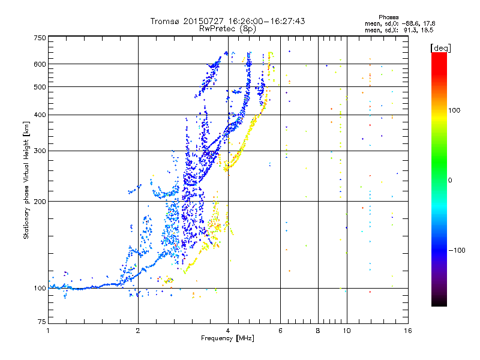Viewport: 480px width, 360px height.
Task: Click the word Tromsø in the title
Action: [x=165, y=21]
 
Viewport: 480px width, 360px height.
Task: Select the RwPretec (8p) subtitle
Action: [x=227, y=29]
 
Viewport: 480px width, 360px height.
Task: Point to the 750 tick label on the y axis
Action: [x=40, y=38]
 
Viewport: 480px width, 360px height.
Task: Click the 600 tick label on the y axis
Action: [x=40, y=64]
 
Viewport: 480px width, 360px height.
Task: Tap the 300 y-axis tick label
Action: [x=40, y=151]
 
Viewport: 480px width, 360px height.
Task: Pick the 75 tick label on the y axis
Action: [x=42, y=322]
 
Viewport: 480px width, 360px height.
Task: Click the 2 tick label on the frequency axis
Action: [x=138, y=331]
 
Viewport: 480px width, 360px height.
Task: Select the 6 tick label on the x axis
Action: [x=280, y=331]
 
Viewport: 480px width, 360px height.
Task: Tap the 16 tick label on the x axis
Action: [x=408, y=331]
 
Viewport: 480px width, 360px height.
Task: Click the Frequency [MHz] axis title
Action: [x=227, y=338]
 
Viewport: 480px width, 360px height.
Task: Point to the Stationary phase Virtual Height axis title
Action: [x=26, y=180]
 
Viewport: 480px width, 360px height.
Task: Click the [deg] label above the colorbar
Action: [x=440, y=48]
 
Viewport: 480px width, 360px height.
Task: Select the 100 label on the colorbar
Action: [x=454, y=110]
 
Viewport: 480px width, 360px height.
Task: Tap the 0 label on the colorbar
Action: [x=450, y=181]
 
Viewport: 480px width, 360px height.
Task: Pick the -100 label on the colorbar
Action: [x=457, y=250]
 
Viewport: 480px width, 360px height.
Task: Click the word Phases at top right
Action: [x=388, y=17]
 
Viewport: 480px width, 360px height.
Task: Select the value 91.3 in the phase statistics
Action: [x=410, y=31]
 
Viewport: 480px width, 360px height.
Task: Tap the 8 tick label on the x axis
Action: [x=318, y=331]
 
